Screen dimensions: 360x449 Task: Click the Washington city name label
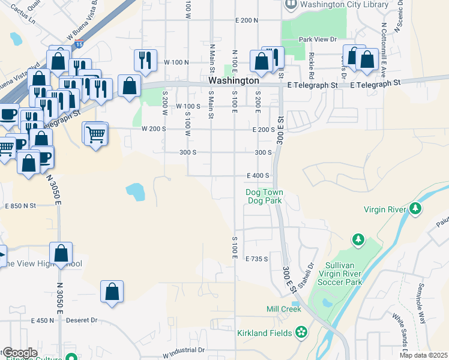(x=234, y=80)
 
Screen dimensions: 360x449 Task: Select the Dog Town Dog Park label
(x=265, y=196)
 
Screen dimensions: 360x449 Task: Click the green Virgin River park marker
(x=415, y=209)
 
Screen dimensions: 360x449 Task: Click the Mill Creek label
(x=283, y=309)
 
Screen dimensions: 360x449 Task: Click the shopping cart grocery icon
(x=96, y=134)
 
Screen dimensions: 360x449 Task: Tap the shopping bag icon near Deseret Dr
(x=112, y=292)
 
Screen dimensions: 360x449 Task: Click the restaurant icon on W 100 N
(x=145, y=59)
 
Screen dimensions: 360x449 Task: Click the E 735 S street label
(x=256, y=259)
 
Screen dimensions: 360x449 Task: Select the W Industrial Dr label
(x=184, y=349)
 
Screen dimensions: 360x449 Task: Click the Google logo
(x=20, y=353)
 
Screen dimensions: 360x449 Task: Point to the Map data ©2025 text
(x=424, y=355)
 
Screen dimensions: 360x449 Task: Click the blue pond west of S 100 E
(x=136, y=192)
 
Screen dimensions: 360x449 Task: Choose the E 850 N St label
(x=21, y=205)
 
